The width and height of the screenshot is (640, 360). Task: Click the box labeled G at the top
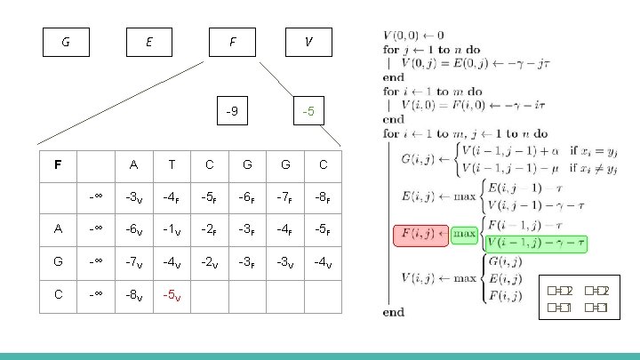66,42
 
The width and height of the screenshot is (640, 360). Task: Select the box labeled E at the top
148,42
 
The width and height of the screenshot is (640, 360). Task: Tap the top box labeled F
231,42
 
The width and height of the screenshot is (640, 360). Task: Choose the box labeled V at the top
308,42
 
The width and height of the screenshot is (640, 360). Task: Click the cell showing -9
231,112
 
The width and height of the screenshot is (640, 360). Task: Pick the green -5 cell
308,112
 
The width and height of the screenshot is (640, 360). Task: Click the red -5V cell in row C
171,294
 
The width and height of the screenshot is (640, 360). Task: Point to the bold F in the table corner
57,164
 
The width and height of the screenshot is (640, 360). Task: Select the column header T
171,164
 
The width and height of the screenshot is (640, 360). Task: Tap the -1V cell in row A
171,228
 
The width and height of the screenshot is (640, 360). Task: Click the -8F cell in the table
323,196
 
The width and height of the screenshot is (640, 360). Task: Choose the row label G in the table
57,261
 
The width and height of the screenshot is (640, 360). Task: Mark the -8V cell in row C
133,294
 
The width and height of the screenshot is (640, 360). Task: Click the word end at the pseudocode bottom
392,312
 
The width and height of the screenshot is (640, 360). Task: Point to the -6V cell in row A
133,228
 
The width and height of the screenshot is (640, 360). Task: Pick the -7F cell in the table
284,196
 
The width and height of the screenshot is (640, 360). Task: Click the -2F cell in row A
209,228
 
